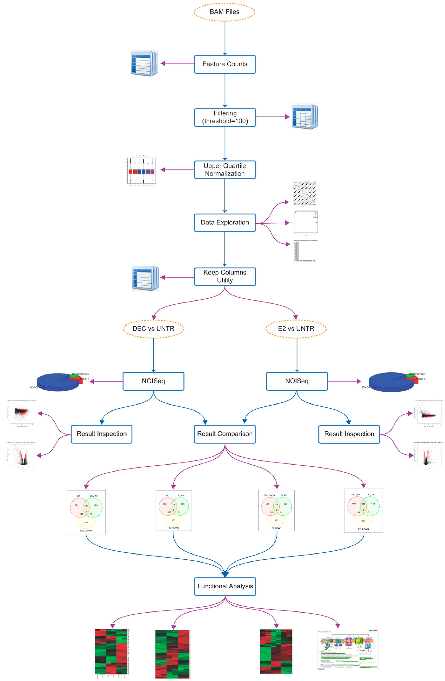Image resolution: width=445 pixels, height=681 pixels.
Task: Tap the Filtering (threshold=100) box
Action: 225,117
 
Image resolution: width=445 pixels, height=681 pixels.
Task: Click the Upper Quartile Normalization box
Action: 225,170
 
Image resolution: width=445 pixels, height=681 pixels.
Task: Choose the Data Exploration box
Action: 225,223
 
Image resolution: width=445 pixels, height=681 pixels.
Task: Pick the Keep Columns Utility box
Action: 225,276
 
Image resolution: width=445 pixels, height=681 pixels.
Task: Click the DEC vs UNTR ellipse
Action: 153,329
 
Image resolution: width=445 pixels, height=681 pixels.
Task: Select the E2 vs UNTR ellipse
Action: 296,329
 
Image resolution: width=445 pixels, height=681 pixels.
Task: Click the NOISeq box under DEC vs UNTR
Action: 153,381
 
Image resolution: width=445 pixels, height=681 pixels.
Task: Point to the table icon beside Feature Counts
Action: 144,64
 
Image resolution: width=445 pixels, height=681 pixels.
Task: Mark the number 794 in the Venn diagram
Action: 76,505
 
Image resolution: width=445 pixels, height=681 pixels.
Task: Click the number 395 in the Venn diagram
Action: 363,504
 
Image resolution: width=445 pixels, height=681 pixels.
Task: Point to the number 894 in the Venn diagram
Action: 363,521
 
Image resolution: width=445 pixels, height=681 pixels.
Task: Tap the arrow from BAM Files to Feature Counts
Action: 225,38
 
